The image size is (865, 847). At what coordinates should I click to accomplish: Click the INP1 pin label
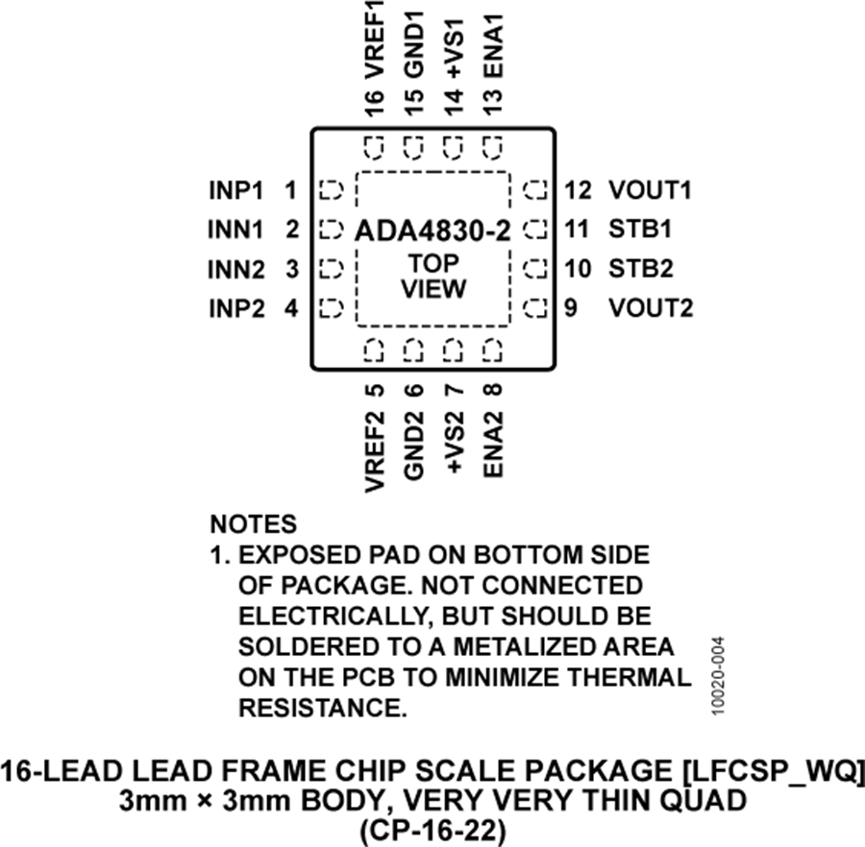coord(235,190)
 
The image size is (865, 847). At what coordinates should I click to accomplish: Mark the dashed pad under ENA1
coord(493,148)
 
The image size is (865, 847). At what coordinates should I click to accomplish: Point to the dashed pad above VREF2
coord(374,351)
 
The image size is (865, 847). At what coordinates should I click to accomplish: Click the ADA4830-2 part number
coord(432,231)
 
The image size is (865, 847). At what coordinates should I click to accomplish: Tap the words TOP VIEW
coord(432,276)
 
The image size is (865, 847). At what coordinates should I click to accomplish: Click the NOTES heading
coord(254,524)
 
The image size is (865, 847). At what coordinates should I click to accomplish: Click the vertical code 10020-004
coord(717,678)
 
